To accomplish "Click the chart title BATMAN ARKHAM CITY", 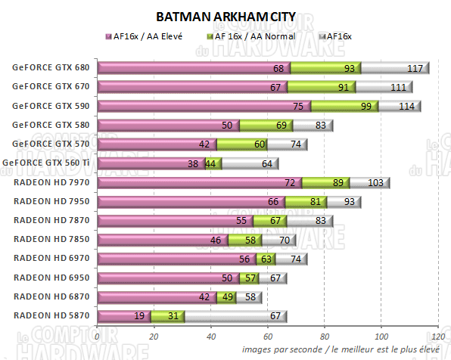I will pos(226,16).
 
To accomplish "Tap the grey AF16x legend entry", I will pos(342,36).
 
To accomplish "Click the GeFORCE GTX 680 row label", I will pos(51,68).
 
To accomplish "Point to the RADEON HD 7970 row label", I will pos(51,182).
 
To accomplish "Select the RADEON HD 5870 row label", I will pos(51,315).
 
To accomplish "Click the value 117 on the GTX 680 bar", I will pos(415,68).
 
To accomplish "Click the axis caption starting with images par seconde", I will pos(340,349).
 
